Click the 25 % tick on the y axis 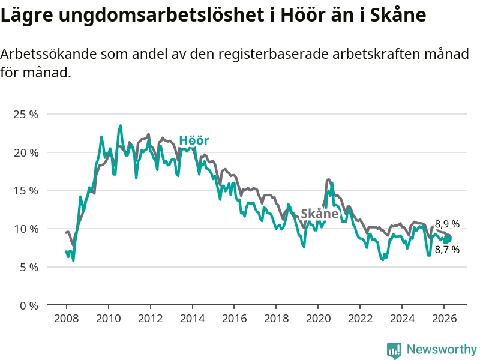tap(26, 114)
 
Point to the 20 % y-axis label tap(26, 152)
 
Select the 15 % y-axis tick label tap(26, 190)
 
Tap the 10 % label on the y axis tap(26, 229)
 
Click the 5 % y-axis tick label tap(29, 267)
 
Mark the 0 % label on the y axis tap(29, 305)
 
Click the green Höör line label tap(194, 141)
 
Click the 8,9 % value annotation tap(447, 224)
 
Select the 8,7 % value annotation tap(447, 250)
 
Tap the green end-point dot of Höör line tap(448, 239)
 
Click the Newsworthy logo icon tap(394, 350)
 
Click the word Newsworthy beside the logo tap(442, 350)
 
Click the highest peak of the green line tap(121, 125)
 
